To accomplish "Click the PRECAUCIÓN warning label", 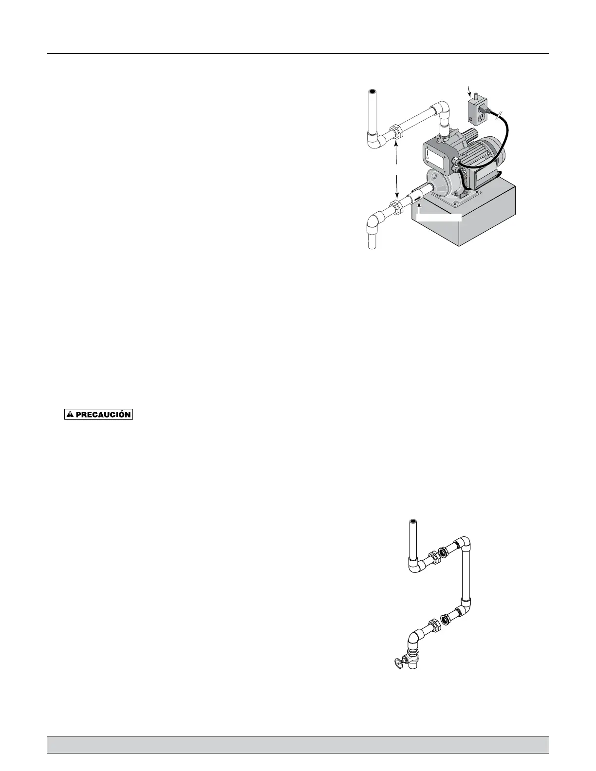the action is point(99,415).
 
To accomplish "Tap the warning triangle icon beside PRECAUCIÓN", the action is point(71,415).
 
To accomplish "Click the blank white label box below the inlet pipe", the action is point(439,217).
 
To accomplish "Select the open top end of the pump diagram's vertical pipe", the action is point(372,92).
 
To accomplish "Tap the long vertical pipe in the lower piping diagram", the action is point(466,574).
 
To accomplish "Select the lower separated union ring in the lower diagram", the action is point(446,620).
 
